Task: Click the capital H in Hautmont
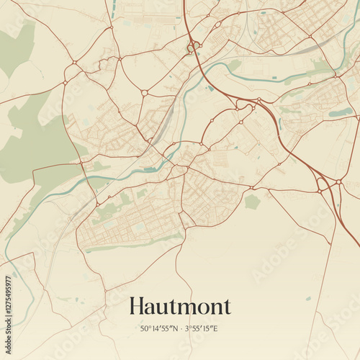[x=137, y=306]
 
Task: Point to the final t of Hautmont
[x=226, y=307]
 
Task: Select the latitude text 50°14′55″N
[x=157, y=329]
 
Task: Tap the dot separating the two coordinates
[x=181, y=329]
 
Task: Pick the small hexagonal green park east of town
[x=251, y=202]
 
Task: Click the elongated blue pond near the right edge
[x=341, y=112]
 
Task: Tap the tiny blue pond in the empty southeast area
[x=308, y=298]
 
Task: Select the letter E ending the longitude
[x=215, y=329]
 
